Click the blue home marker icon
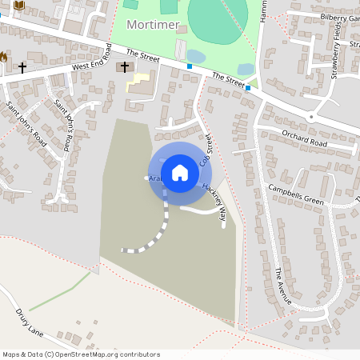coord(180,172)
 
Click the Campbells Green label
coord(296,194)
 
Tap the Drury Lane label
coord(29,322)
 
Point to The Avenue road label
coord(282,286)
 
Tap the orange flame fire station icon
coord(3,57)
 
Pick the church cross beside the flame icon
coord(22,67)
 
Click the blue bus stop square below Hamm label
coord(249,88)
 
